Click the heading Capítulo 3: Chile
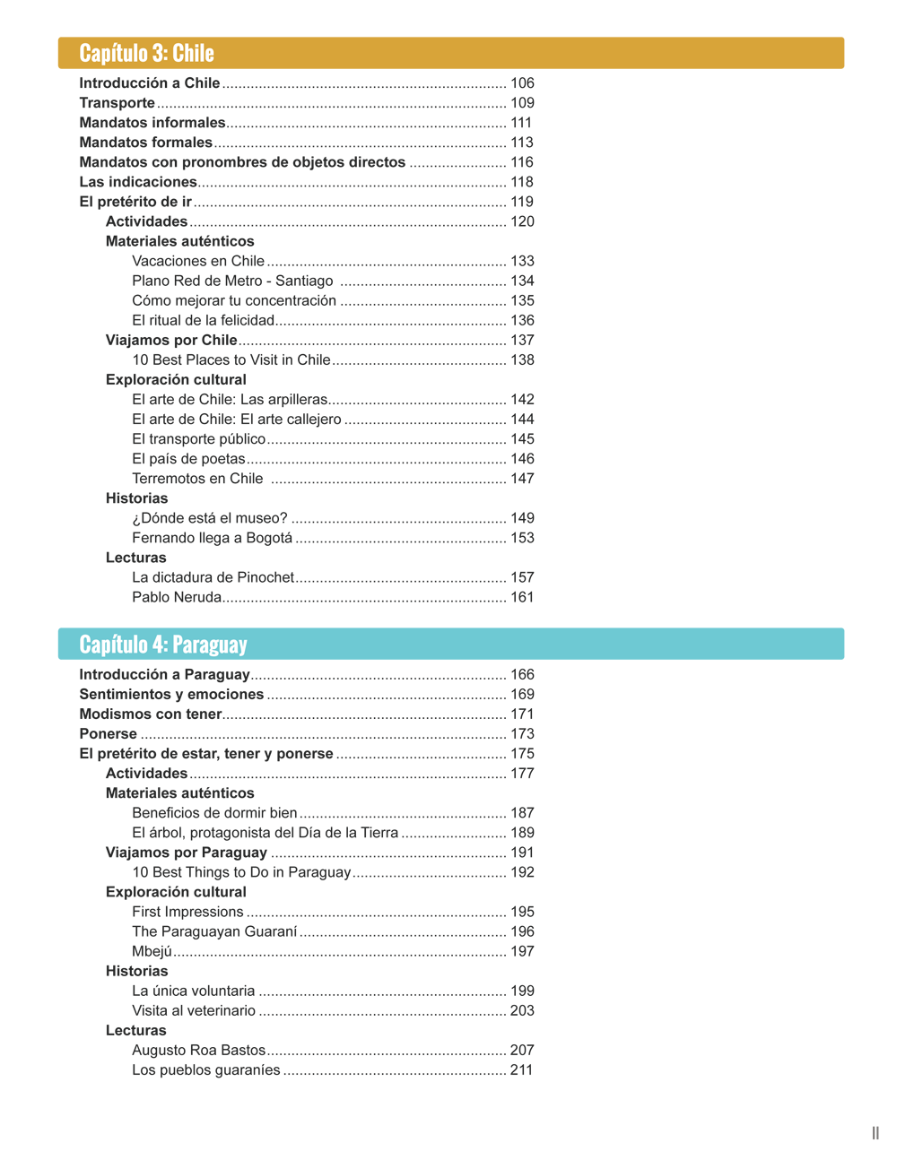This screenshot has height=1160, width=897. coord(146,53)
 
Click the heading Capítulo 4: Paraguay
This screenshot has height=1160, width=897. coord(162,645)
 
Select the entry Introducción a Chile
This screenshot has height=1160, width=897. coord(150,83)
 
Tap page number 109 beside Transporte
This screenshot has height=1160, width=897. coord(522,103)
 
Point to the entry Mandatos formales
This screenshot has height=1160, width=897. coord(145,143)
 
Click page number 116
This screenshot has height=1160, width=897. coord(522,162)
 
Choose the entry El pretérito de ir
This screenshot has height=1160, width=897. coord(135,202)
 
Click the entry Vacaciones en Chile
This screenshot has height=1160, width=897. coord(198,261)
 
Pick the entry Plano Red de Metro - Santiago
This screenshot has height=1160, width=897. coord(232,281)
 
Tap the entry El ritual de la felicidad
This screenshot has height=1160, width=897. coord(203,320)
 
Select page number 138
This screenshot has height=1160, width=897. coord(522,359)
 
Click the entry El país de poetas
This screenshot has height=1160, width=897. coord(188,459)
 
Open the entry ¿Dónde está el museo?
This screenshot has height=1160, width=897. coord(210,518)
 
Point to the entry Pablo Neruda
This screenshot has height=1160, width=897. coord(177,597)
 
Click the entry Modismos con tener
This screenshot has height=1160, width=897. coord(150,714)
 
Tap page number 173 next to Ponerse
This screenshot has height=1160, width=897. coord(522,734)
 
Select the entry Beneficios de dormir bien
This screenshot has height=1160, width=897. coord(214,813)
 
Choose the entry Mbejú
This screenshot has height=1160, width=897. coord(152,951)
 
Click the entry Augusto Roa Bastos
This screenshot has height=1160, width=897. coord(198,1050)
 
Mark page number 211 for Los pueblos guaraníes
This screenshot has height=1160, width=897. coord(521,1069)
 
